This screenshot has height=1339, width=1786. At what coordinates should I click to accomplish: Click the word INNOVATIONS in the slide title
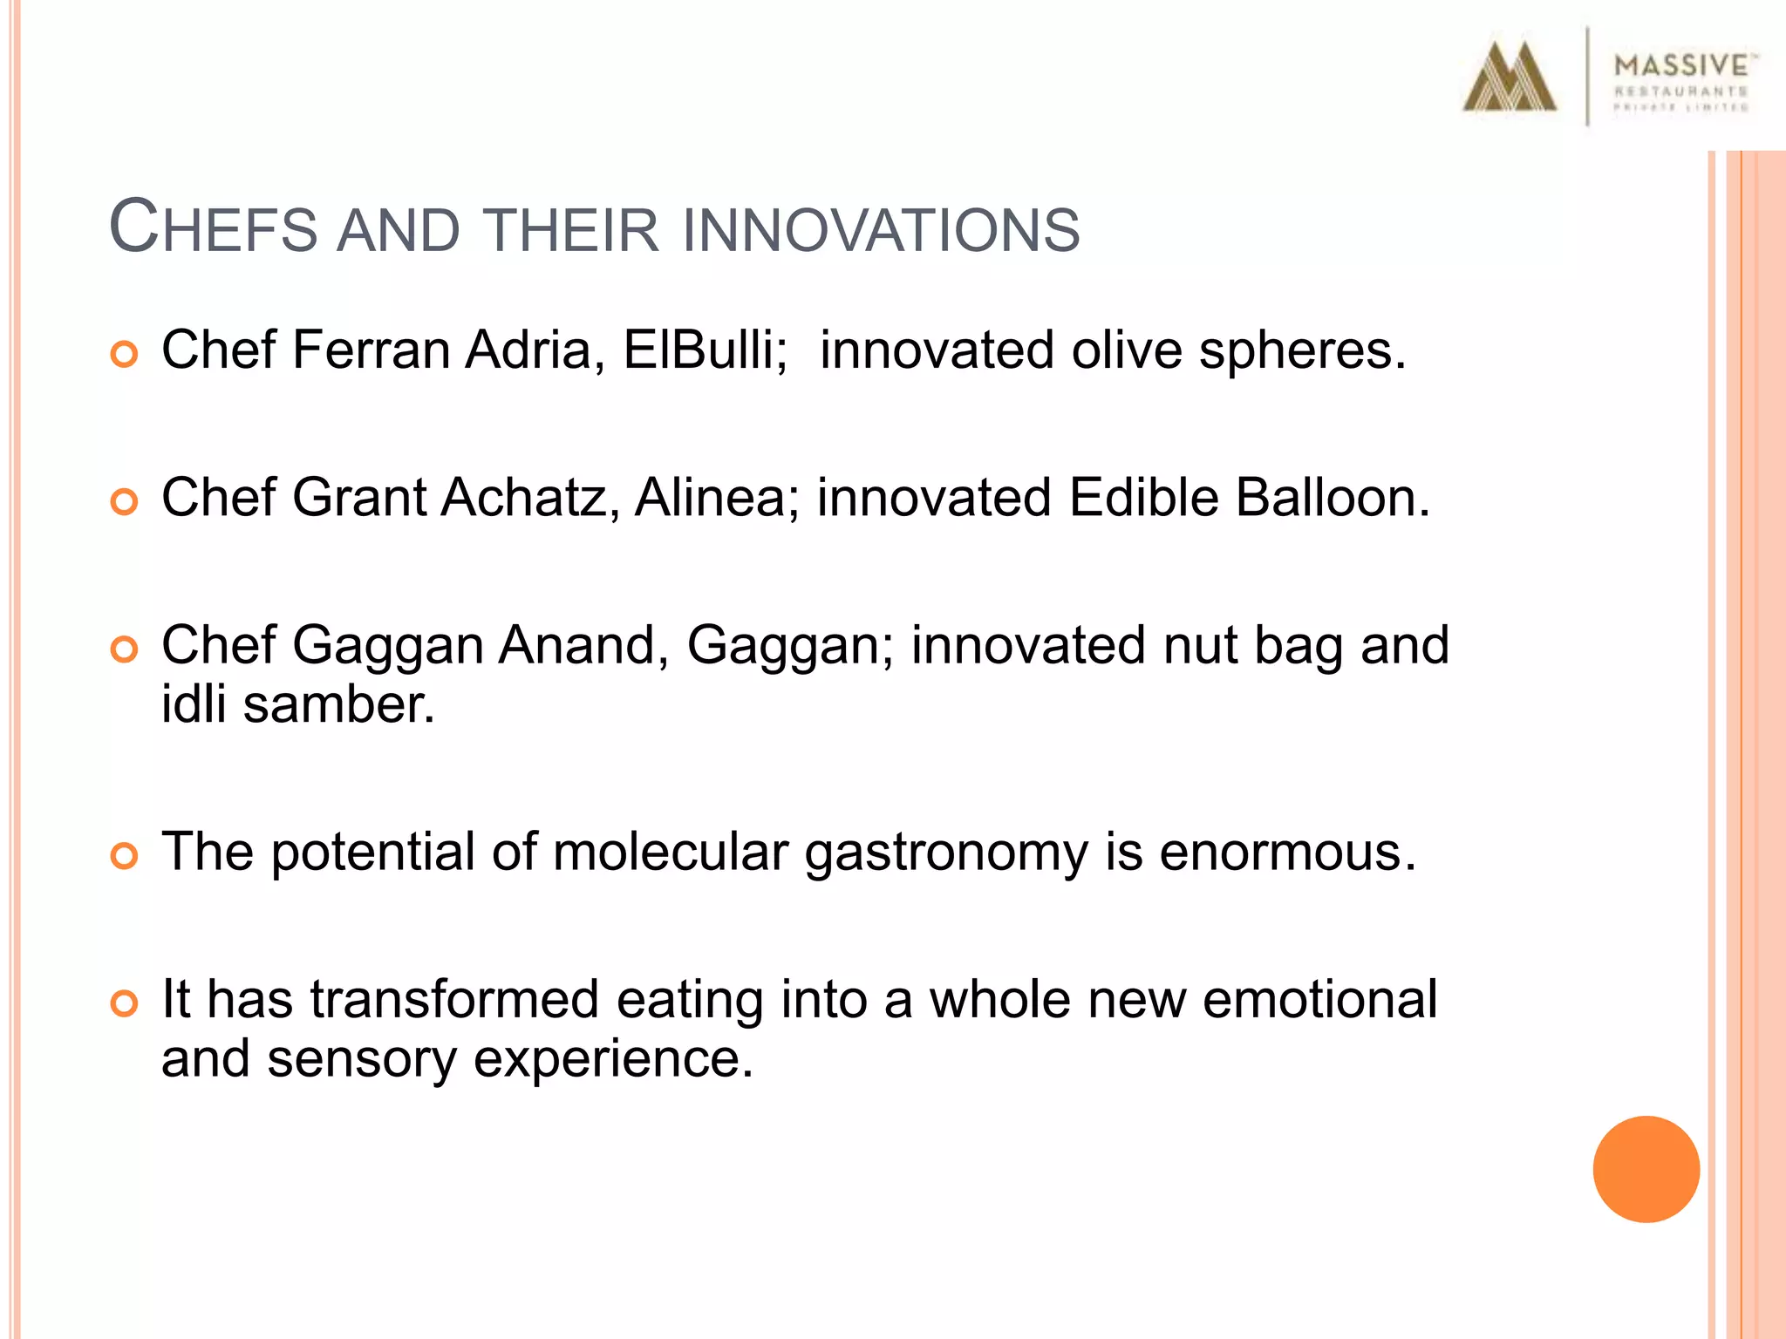click(881, 231)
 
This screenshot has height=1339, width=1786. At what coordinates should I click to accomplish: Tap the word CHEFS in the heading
click(213, 228)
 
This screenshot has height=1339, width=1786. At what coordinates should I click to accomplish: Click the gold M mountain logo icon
click(1509, 78)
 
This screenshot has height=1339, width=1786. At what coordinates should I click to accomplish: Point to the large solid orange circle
click(1646, 1169)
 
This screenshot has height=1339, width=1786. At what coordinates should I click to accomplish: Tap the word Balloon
click(1332, 498)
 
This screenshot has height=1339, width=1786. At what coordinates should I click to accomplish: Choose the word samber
click(338, 704)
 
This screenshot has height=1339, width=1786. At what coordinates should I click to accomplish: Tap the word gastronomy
click(945, 853)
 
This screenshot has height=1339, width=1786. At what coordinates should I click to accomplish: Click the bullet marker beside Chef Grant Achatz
click(125, 502)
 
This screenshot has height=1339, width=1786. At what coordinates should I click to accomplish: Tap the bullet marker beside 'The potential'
click(125, 856)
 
